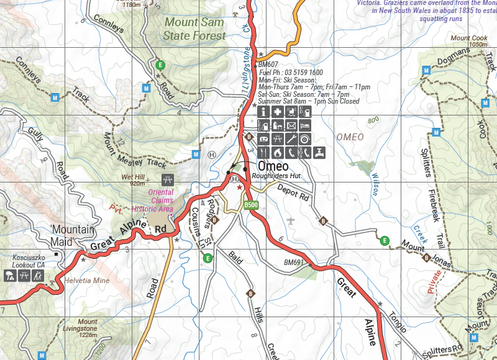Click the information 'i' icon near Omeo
point(263,112)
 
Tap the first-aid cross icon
point(278,112)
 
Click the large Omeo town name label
point(273,166)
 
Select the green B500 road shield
point(250,205)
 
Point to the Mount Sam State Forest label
point(195,29)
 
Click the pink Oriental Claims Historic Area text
point(152,200)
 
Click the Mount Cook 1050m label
point(469,42)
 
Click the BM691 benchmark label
point(294,263)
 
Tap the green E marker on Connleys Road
point(161,65)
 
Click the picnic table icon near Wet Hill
point(166,180)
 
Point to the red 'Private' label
point(439,281)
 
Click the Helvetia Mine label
point(86,281)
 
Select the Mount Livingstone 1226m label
point(88,328)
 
